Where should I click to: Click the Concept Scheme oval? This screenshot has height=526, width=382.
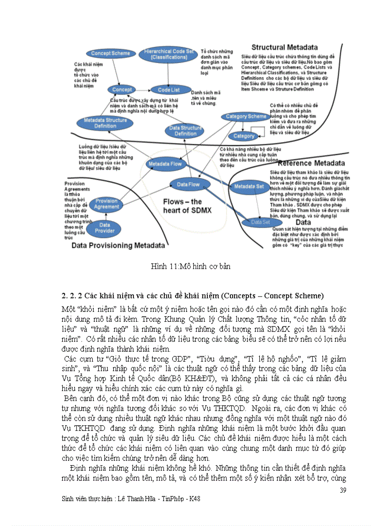coord(110,53)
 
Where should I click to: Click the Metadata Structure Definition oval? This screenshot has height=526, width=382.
coord(105,123)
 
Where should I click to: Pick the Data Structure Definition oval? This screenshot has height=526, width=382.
coord(185,130)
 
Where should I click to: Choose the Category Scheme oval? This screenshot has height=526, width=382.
coord(246,117)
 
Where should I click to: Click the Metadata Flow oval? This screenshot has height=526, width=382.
coord(165,164)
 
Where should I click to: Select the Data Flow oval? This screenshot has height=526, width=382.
coord(188,185)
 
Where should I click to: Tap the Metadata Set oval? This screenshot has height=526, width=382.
coord(249,186)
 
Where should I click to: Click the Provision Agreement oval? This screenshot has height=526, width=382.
coord(106,204)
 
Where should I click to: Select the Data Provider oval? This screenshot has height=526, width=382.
coord(105,228)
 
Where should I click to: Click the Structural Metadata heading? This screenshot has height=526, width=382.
coord(284,47)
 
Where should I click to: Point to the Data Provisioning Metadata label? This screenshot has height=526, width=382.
coord(118,245)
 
